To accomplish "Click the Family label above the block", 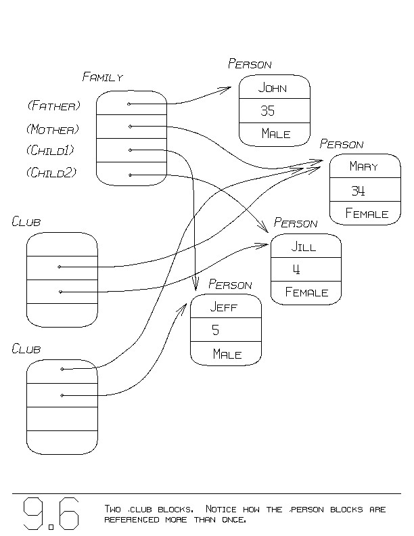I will pos(102,77).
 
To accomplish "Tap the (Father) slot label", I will pos(53,106).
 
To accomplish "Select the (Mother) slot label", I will pos(53,129).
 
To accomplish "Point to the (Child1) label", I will pos(51,150).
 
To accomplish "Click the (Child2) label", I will pos(51,173).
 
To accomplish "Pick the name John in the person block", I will pos(273,88).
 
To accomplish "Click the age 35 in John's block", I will pos(267,111).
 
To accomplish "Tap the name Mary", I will pos(363,166).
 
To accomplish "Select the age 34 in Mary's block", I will pos(358,190).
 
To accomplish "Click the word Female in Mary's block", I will pos(367,214).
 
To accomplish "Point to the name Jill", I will pos(304,247).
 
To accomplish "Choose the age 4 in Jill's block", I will pos(296,269).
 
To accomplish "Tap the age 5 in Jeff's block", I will pos(216,330).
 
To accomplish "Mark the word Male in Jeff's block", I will pos(227,354).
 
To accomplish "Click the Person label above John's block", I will pos(250,64).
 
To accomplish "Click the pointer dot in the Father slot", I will pos(129,104).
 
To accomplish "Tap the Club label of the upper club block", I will pos(26,221).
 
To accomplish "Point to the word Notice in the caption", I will pos(222,509).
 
